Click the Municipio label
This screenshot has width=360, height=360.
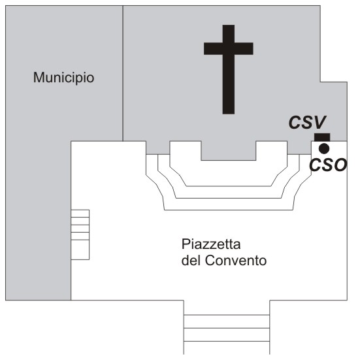pyautogui.click(x=63, y=78)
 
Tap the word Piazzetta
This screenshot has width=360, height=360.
pyautogui.click(x=211, y=244)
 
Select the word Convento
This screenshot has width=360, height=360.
pyautogui.click(x=236, y=261)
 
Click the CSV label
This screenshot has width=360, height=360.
pyautogui.click(x=308, y=122)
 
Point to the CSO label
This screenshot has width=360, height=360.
pyautogui.click(x=328, y=165)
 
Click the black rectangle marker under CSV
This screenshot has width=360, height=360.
pyautogui.click(x=322, y=137)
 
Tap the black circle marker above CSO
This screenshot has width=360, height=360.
pyautogui.click(x=324, y=148)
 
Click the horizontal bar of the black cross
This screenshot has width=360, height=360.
pyautogui.click(x=229, y=48)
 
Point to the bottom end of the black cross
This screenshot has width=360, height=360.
pyautogui.click(x=229, y=114)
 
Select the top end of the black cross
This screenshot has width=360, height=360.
pyautogui.click(x=229, y=25)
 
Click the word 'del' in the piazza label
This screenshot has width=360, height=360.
pyautogui.click(x=191, y=261)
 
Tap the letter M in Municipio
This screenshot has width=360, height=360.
pyautogui.click(x=39, y=77)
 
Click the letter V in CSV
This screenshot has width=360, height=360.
pyautogui.click(x=319, y=122)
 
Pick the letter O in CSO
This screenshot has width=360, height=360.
pyautogui.click(x=339, y=165)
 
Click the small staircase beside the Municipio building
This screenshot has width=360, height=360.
pyautogui.click(x=80, y=235)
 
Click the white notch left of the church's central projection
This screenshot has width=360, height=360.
pyautogui.click(x=186, y=151)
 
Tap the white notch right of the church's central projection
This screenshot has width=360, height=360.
pyautogui.click(x=272, y=151)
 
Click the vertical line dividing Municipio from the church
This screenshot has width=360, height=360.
pyautogui.click(x=123, y=73)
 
